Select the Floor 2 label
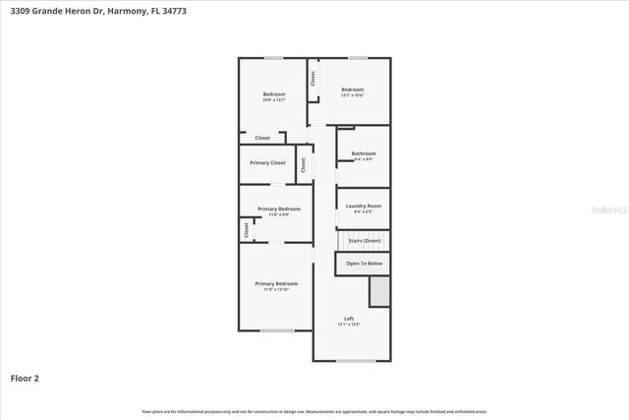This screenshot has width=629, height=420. (x=25, y=377)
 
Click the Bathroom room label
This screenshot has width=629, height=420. (x=364, y=153)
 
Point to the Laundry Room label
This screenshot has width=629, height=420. (x=364, y=206)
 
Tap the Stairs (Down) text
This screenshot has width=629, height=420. (x=365, y=241)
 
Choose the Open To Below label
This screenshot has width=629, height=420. (x=364, y=264)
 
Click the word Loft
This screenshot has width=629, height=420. (x=349, y=318)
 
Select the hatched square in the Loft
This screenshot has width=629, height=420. (x=378, y=292)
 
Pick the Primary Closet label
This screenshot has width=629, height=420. (x=266, y=162)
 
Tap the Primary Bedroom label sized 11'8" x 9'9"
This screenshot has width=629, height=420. (x=279, y=209)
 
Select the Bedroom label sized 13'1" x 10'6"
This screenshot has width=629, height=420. (x=352, y=90)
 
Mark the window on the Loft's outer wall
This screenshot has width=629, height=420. (x=355, y=361)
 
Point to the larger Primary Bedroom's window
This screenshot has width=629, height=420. (x=277, y=330)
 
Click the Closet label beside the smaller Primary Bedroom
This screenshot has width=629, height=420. (x=246, y=229)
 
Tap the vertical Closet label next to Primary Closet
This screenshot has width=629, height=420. (x=304, y=165)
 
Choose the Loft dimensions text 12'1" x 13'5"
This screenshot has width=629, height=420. (x=349, y=324)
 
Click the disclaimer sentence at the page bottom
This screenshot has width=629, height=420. (x=314, y=411)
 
